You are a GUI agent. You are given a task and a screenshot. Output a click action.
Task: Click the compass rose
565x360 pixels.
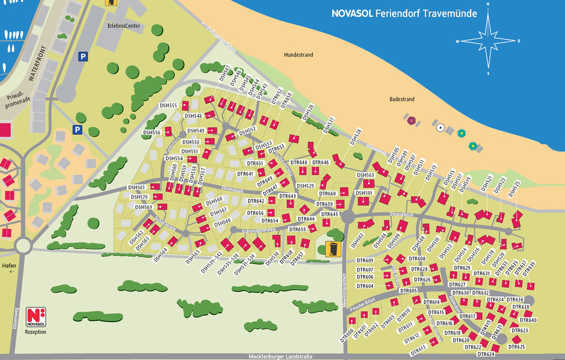point(488,41)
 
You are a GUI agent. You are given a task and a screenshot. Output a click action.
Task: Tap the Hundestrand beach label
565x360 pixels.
point(298,55)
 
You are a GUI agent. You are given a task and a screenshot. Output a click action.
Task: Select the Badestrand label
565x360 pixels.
point(402,99)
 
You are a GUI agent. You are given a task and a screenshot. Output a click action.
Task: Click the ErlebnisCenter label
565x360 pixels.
point(124,26)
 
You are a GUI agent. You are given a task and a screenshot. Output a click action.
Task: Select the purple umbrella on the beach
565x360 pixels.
point(411,120)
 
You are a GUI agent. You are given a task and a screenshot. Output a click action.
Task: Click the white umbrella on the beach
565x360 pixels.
point(440,128)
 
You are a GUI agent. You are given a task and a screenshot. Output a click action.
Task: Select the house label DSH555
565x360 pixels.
point(168,105)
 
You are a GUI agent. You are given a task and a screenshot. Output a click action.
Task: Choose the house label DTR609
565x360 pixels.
point(365,260)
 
